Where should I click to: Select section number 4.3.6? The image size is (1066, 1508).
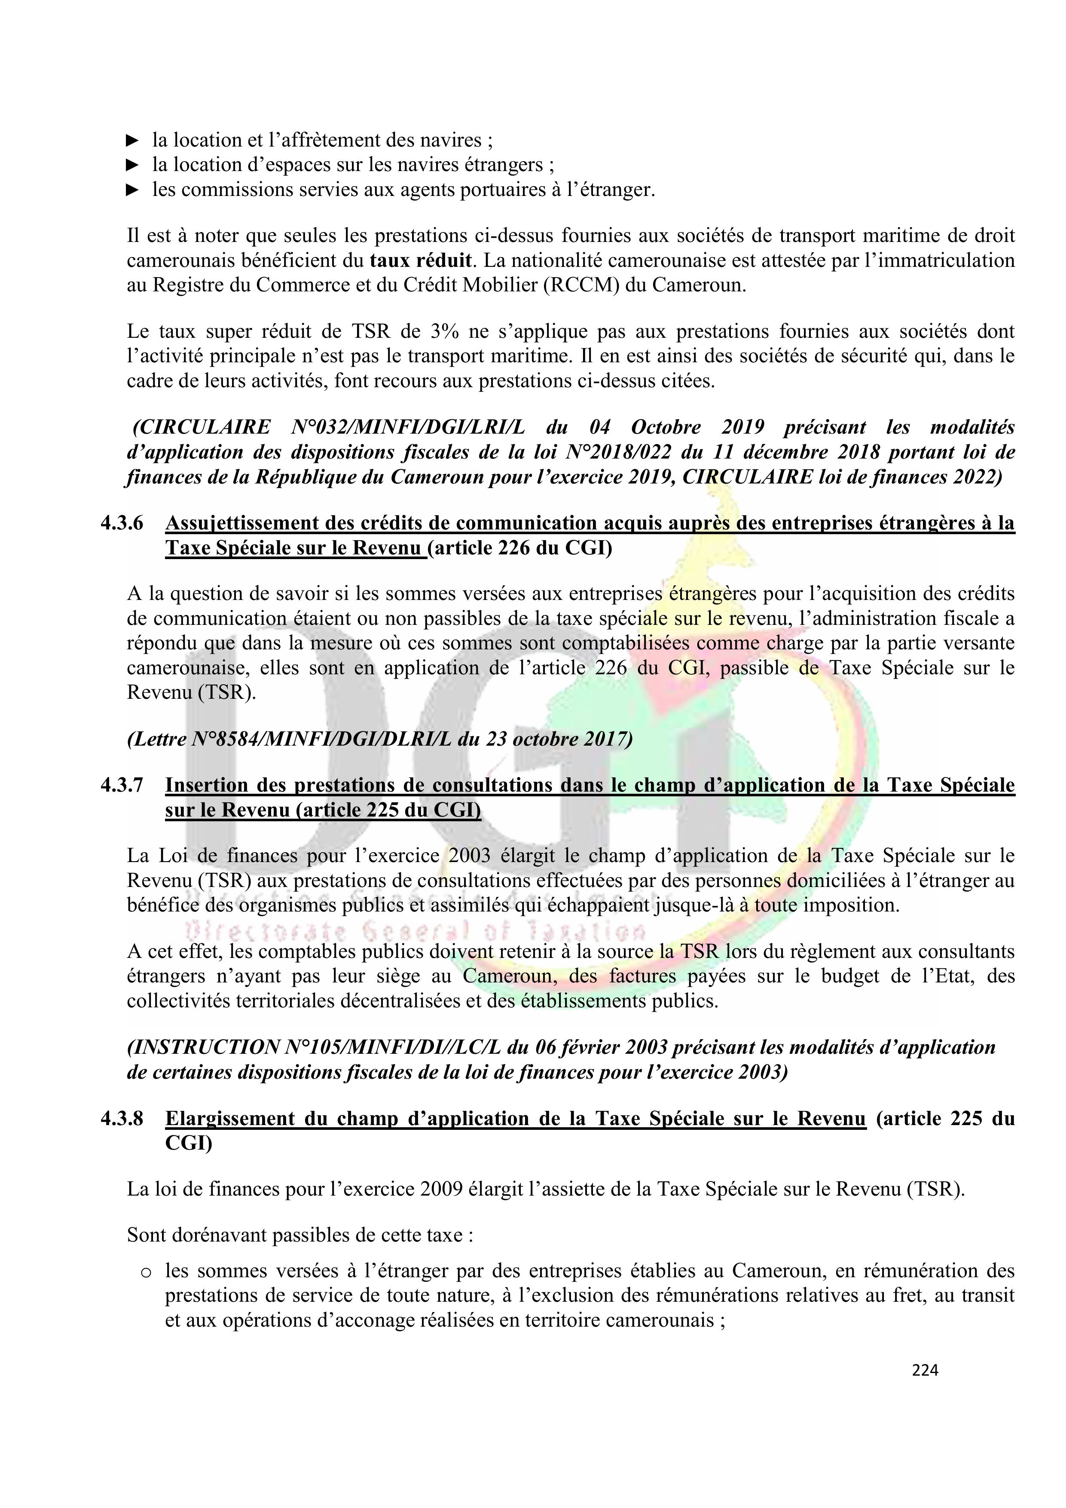(x=122, y=523)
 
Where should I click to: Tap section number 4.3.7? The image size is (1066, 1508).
(x=122, y=786)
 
